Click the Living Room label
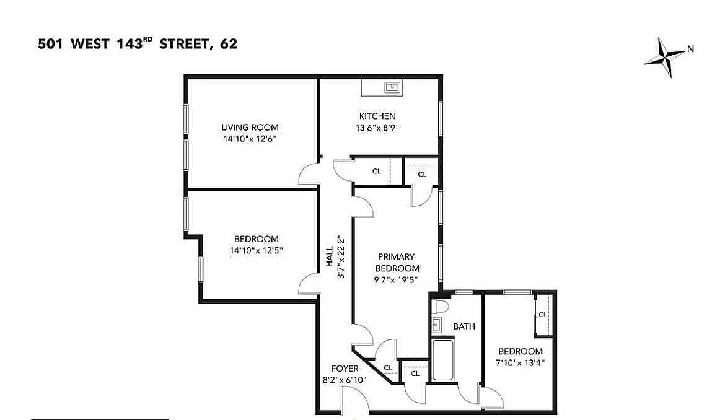[250, 128]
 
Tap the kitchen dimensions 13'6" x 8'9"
[377, 128]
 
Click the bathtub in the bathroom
[443, 359]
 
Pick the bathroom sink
[437, 325]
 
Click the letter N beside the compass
[690, 48]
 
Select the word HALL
[329, 256]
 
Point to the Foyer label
[345, 369]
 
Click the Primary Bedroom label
[397, 263]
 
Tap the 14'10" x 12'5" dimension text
[256, 250]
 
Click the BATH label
[464, 326]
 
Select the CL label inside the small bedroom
[543, 315]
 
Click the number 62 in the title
[229, 44]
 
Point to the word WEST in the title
[90, 44]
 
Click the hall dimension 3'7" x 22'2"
[341, 257]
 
